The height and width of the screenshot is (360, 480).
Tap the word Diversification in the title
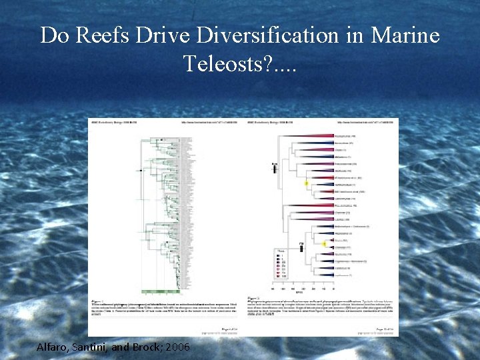click(x=250, y=35)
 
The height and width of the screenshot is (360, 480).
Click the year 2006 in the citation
click(x=179, y=347)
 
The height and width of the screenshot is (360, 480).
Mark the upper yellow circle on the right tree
click(x=307, y=182)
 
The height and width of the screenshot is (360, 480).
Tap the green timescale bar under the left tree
click(x=160, y=291)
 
